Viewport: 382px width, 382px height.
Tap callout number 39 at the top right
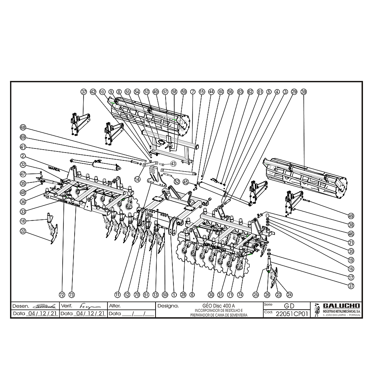303,91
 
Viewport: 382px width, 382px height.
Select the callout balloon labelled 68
23,128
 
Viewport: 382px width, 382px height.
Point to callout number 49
351,216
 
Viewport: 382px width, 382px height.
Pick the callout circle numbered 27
351,286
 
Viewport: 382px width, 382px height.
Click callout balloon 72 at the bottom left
62,295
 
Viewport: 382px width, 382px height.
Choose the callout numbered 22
23,231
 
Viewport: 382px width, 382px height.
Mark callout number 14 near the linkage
137,179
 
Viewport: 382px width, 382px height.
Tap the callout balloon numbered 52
176,182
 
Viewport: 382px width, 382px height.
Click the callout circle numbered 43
173,163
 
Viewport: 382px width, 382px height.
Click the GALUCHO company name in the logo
341,306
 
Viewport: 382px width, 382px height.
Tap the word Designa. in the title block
168,306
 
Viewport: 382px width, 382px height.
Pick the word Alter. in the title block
115,306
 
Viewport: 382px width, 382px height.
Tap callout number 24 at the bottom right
289,295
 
